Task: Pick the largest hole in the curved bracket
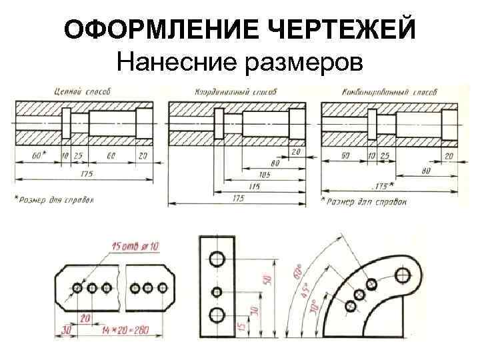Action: pos(403,274)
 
